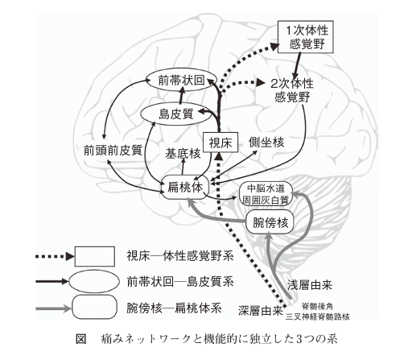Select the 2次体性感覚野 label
tap(292, 90)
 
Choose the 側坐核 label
tap(266, 142)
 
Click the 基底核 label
tap(183, 154)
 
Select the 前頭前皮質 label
tap(113, 151)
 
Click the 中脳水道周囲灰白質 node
tap(266, 194)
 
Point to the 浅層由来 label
tap(310, 285)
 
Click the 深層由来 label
tap(261, 311)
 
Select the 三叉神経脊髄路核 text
tap(318, 317)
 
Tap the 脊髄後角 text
tap(317, 306)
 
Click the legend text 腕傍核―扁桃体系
tap(174, 308)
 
